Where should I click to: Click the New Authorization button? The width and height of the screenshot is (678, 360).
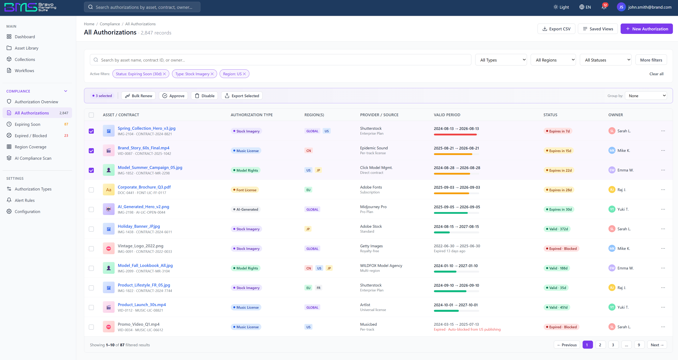coord(646,29)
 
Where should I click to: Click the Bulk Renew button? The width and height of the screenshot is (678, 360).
coord(138,96)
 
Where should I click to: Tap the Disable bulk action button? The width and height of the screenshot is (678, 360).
coord(205,96)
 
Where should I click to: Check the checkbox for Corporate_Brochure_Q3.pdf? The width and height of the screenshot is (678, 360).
coord(91,190)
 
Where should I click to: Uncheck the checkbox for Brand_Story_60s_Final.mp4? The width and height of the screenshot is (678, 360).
coord(91,151)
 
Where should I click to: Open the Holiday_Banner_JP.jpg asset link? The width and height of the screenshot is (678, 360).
coord(139,226)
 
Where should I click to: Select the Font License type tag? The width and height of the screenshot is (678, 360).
coord(245,190)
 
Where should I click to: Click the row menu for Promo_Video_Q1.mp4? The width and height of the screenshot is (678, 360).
coord(663,327)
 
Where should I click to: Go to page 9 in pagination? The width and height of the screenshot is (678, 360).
coord(639,345)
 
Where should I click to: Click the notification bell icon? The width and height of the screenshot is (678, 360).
coord(604,7)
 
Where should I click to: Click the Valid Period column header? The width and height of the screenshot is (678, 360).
coord(447,115)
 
